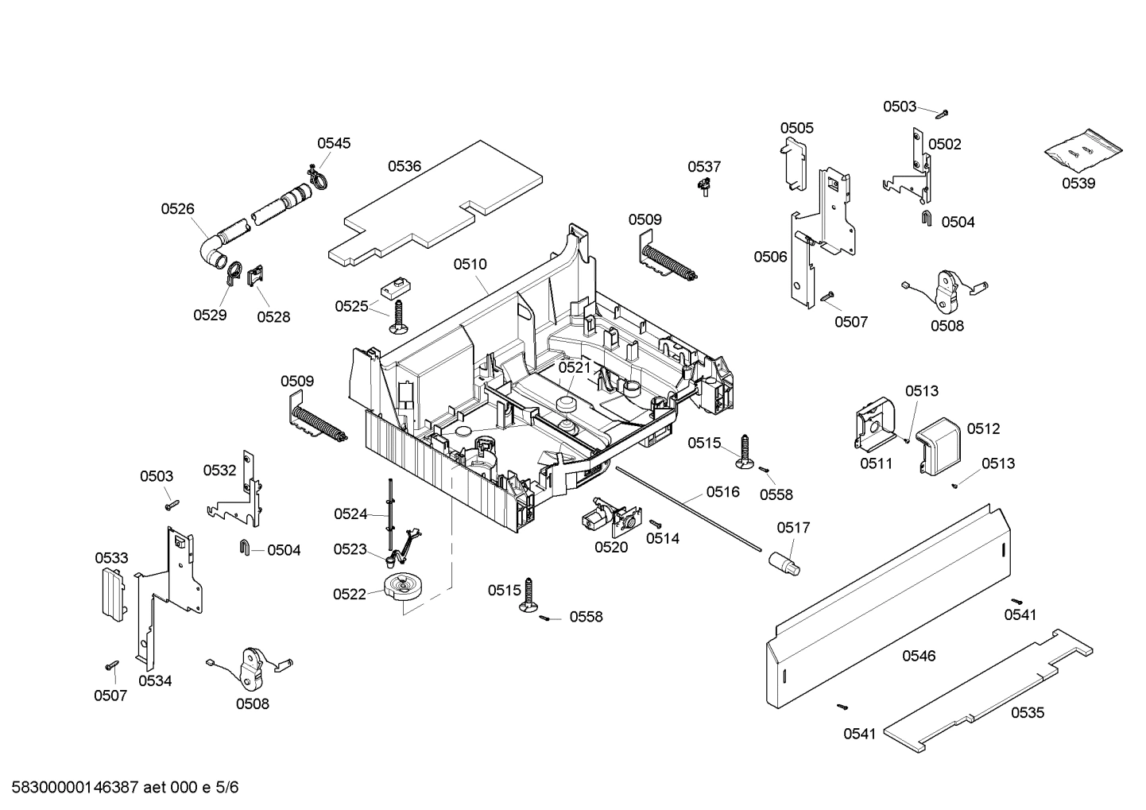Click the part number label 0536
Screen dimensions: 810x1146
pos(405,166)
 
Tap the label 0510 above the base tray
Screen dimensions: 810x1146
pos(470,264)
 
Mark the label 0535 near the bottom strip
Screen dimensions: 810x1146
pos(1028,713)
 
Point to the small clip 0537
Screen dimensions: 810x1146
pos(703,187)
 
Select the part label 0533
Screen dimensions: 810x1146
pos(111,558)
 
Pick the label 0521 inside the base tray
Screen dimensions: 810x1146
pos(574,367)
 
